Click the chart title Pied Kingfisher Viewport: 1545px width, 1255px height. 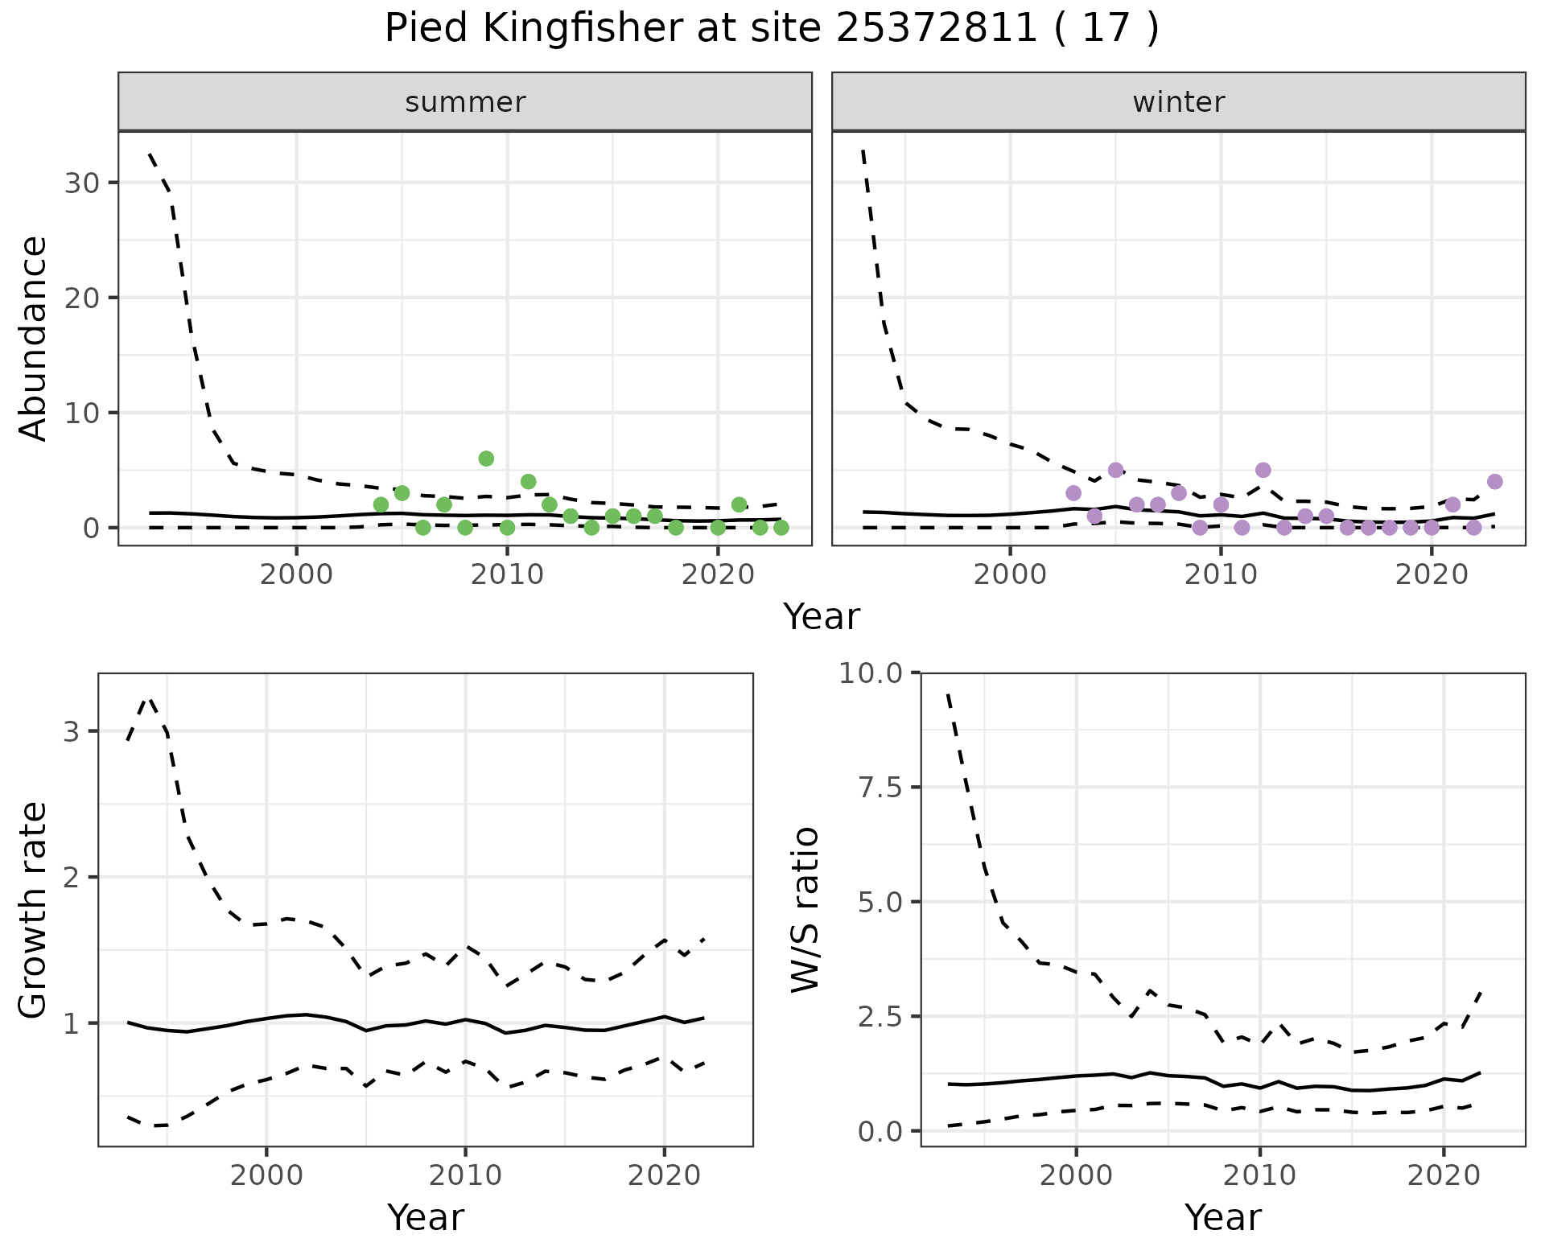click(771, 29)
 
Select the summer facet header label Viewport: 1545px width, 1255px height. click(465, 102)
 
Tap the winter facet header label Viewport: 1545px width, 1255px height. click(1178, 102)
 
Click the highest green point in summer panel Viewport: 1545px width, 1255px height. click(486, 459)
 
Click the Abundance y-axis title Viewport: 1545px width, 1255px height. click(33, 338)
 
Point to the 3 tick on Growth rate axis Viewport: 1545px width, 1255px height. click(71, 731)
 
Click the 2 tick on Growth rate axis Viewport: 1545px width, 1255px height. click(71, 877)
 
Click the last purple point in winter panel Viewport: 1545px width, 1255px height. click(1495, 482)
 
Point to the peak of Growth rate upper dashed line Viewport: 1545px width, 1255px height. click(148, 699)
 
